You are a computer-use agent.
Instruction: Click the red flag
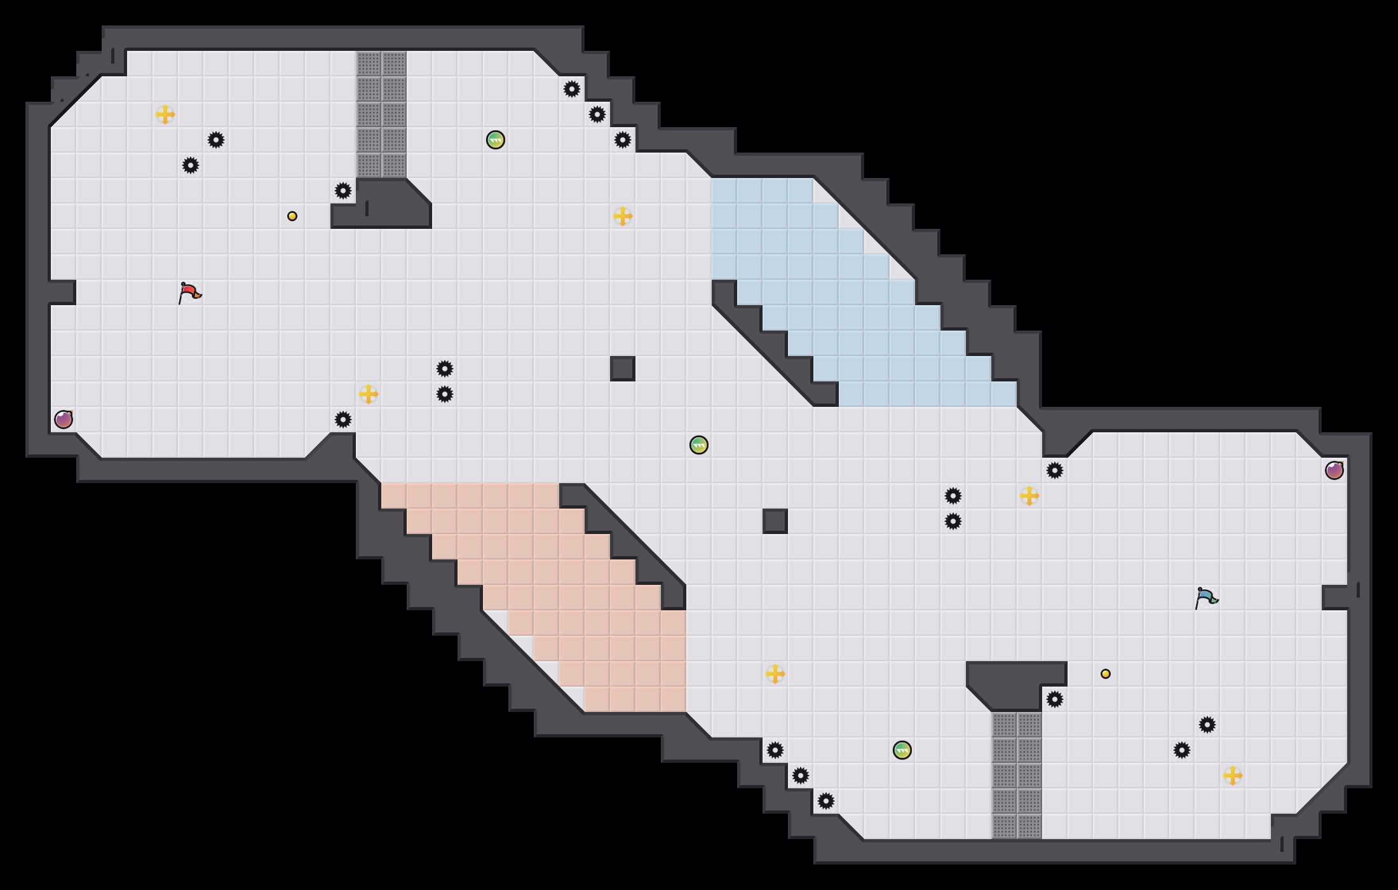(189, 292)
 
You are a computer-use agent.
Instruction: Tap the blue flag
(1205, 598)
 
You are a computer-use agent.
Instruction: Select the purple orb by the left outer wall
(64, 420)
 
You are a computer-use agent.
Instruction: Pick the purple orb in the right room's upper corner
(1334, 470)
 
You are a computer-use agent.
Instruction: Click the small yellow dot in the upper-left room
(292, 216)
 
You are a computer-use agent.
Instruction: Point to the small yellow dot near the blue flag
(1106, 674)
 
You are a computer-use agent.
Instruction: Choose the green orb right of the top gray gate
(496, 140)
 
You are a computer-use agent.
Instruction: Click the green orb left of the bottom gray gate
(902, 750)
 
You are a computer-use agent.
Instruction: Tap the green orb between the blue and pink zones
(699, 445)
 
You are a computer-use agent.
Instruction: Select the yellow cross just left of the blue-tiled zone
(623, 216)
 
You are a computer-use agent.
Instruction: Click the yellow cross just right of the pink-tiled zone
(775, 674)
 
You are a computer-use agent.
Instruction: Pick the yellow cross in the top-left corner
(165, 114)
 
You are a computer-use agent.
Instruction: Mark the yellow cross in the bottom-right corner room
(1233, 776)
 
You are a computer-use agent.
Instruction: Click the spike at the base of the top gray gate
(343, 191)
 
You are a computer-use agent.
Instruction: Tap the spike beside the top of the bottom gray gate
(1055, 699)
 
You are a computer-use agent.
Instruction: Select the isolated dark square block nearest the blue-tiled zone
(623, 369)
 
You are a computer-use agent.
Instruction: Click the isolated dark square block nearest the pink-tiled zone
(775, 521)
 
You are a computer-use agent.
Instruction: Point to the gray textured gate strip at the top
(381, 114)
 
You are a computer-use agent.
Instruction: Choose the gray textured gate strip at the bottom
(1017, 776)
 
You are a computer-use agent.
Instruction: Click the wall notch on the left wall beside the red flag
(62, 292)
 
